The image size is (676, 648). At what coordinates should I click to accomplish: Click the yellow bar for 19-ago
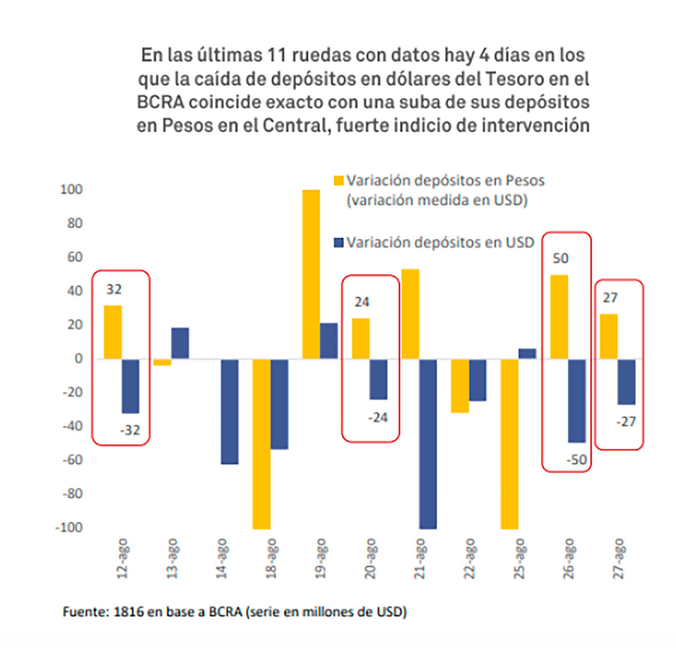click(311, 274)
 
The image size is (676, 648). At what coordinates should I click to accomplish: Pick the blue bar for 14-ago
click(230, 411)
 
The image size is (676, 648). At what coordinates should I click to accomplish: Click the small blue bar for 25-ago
click(527, 354)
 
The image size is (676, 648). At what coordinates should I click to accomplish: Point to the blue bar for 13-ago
click(180, 343)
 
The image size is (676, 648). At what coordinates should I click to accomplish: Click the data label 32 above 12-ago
click(114, 290)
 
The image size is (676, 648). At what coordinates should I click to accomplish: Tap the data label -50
click(577, 460)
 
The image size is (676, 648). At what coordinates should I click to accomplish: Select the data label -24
click(378, 418)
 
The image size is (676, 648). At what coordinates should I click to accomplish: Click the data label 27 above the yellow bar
click(610, 298)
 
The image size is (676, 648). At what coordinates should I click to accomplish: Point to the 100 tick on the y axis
click(71, 190)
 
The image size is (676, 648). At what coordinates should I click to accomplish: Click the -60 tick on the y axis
click(72, 460)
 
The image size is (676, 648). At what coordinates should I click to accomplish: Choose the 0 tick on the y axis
click(78, 359)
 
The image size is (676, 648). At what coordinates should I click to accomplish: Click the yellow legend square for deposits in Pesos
click(338, 181)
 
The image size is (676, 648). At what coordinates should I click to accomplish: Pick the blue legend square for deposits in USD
click(338, 243)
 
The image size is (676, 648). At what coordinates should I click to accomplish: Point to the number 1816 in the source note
click(129, 612)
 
